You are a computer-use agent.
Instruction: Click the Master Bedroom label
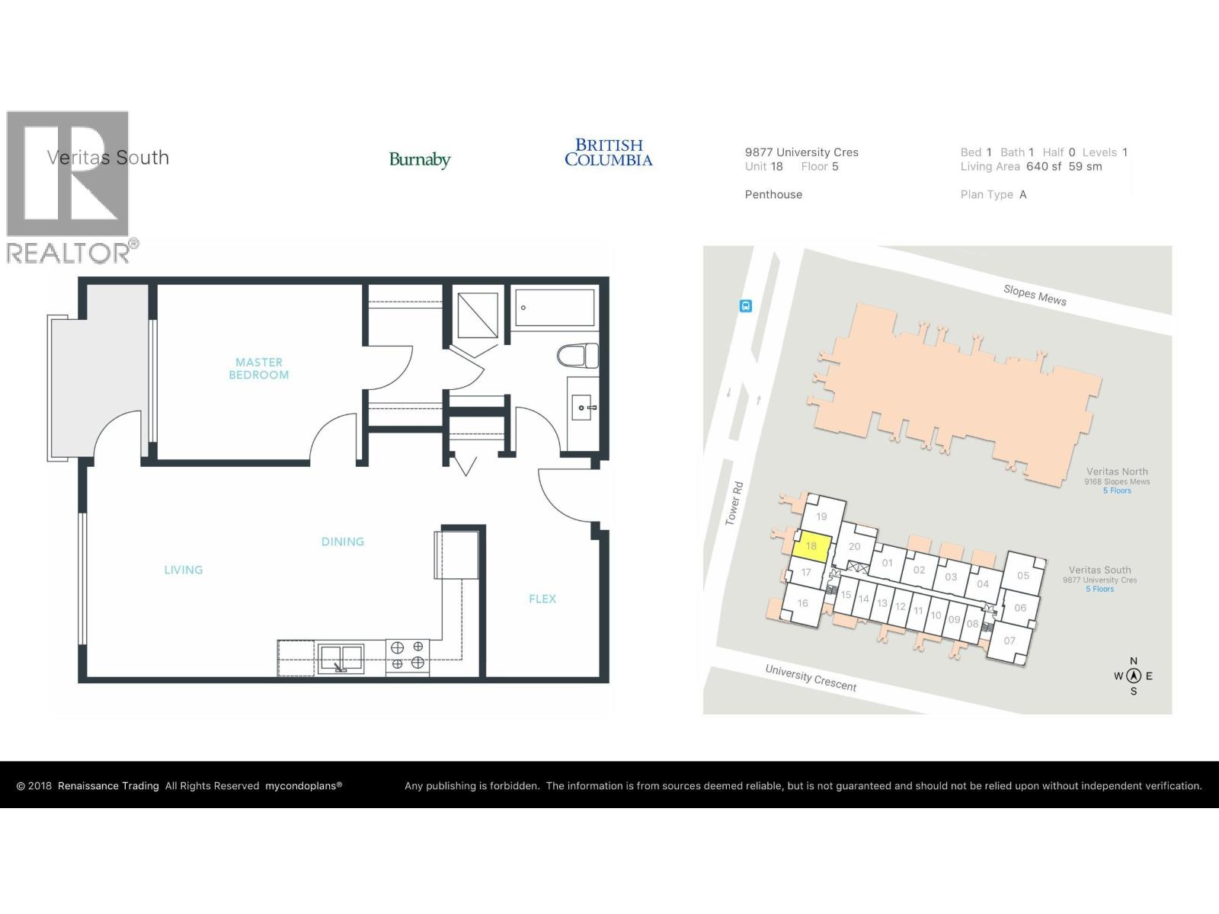click(259, 369)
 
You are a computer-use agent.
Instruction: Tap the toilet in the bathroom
click(578, 356)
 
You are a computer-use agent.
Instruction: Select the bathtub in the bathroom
click(553, 308)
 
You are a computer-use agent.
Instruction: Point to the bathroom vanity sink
click(584, 408)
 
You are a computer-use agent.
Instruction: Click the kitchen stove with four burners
click(407, 656)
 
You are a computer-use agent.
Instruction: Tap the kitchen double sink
click(341, 657)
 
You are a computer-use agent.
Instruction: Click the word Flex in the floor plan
click(542, 599)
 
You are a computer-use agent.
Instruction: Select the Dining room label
click(342, 542)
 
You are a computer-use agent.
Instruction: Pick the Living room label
click(184, 570)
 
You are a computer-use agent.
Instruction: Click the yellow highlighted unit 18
click(810, 546)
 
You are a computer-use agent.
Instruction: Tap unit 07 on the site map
click(1009, 641)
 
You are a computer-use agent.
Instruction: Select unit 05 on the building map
click(1022, 576)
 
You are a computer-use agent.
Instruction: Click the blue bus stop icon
click(746, 306)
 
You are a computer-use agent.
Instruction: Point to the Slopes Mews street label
click(1035, 295)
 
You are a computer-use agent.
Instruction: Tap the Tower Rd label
click(733, 503)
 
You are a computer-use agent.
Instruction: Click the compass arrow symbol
click(1134, 676)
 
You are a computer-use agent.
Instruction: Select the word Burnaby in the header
click(420, 160)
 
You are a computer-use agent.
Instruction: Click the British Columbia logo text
click(608, 152)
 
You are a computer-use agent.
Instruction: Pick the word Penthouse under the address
click(773, 194)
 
